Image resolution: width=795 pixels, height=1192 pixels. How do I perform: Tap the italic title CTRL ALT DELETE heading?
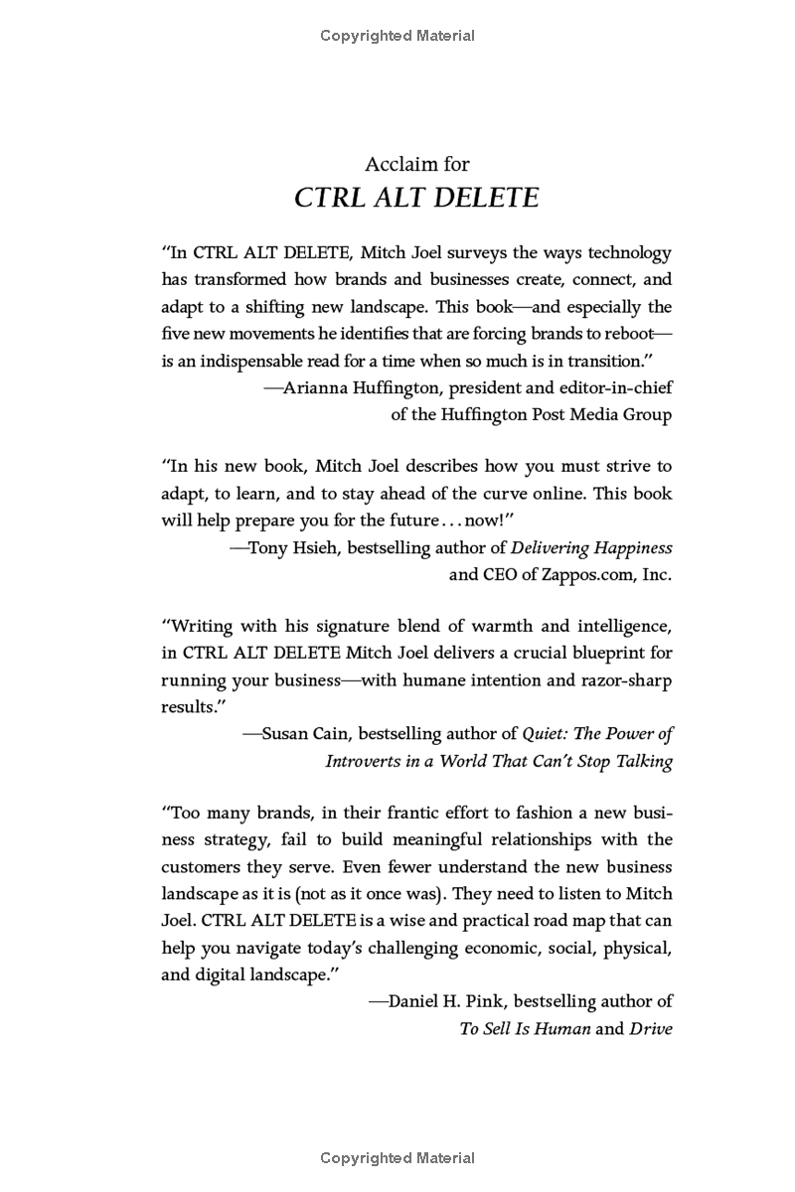[416, 198]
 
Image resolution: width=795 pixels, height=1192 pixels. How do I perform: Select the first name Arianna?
[318, 387]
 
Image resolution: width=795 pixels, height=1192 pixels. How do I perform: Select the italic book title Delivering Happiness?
[591, 547]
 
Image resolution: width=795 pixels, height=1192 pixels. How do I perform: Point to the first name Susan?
[285, 735]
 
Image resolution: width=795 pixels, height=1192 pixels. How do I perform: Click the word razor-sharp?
[624, 680]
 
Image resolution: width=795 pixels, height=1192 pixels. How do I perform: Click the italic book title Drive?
[651, 1029]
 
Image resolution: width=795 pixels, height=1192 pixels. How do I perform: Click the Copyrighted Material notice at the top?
[397, 36]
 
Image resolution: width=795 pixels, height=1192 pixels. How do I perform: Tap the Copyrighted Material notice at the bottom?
[397, 1157]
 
